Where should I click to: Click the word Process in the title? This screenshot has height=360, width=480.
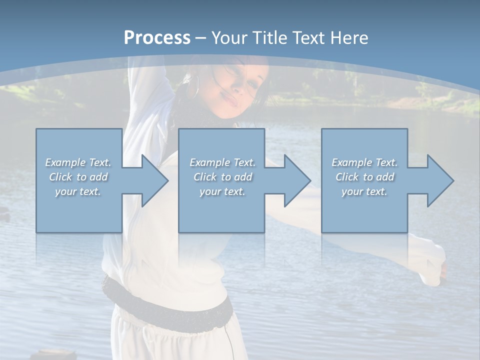click(157, 38)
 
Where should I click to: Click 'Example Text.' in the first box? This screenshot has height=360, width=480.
click(78, 162)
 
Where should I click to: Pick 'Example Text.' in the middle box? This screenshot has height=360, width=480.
click(222, 162)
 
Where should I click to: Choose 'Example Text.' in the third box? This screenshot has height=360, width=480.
click(364, 162)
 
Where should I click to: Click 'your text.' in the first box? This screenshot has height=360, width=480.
click(78, 191)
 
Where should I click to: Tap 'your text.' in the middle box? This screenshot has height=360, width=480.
click(222, 191)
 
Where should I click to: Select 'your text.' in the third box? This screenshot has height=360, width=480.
click(364, 191)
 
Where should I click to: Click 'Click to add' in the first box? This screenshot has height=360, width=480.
click(78, 177)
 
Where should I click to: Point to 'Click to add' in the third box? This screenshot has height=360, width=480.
click(364, 177)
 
